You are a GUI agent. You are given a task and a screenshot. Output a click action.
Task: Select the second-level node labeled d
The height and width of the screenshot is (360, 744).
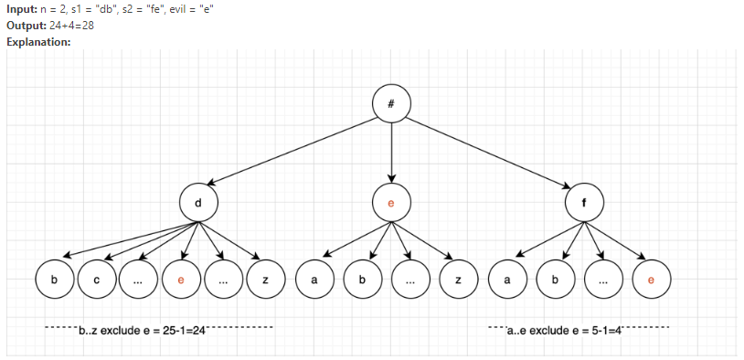pos(199,202)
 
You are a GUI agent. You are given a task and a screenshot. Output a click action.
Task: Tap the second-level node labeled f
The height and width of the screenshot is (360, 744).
pos(583,202)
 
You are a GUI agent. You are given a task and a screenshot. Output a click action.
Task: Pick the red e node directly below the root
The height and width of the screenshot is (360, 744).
pos(391,202)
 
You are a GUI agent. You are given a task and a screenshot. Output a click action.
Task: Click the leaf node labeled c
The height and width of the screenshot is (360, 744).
pos(96,280)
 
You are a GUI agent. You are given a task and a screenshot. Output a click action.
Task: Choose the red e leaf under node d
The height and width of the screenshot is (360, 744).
pos(180,280)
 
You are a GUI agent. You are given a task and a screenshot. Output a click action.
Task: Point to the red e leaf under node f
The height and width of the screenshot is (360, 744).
pos(651,280)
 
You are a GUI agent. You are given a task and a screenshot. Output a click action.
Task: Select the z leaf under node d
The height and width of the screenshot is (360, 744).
pos(265,280)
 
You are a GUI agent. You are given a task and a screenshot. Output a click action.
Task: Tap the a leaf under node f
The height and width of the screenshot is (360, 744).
pos(506,280)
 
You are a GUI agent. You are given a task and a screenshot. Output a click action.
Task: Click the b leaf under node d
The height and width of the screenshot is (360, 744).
pos(54,280)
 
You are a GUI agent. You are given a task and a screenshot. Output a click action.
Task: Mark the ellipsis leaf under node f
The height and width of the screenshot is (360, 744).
pos(602,280)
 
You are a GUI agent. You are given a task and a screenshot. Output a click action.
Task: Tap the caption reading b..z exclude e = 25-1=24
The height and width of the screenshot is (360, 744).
pos(142,329)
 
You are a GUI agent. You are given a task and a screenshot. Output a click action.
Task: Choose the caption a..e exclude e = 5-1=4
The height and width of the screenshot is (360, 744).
pos(564,329)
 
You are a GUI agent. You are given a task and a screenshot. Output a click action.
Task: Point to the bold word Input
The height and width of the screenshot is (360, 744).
pos(21,8)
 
